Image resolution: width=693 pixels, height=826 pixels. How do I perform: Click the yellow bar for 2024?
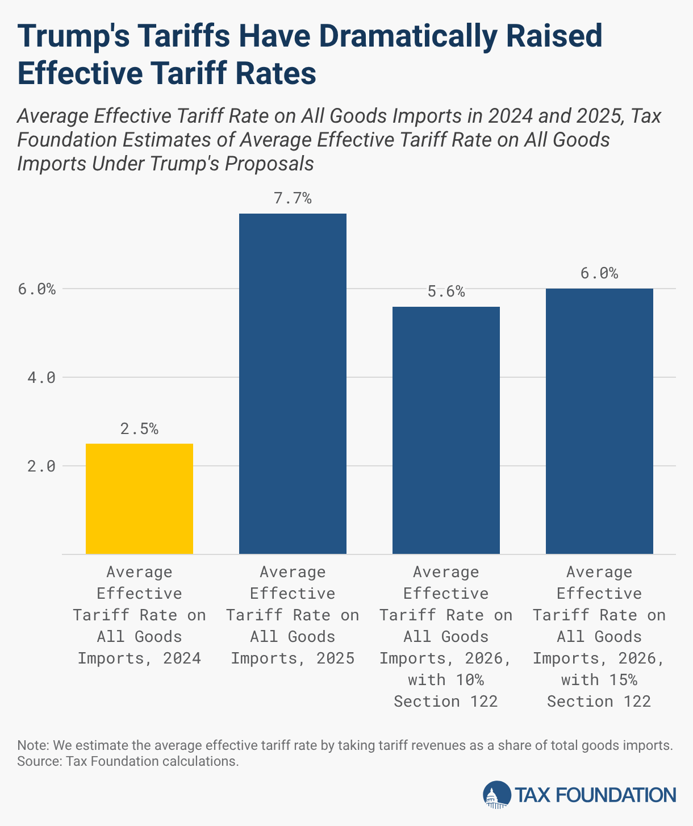point(139,498)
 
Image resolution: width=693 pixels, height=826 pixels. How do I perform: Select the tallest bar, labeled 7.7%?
point(293,383)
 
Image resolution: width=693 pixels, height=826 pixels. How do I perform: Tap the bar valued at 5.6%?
point(446,430)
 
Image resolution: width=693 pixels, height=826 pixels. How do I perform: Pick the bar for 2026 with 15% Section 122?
point(599,421)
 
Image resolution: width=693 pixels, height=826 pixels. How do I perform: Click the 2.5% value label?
point(139,429)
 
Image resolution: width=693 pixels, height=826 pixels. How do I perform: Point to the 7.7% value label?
point(293,198)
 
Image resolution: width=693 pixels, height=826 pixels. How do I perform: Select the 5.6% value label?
point(446,292)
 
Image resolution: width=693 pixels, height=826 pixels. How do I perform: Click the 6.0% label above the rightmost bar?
point(599,273)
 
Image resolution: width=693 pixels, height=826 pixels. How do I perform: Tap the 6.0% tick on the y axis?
point(37,289)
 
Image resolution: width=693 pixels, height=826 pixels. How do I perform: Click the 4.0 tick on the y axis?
point(41,377)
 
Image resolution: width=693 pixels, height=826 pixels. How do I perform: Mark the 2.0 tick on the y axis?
point(41,466)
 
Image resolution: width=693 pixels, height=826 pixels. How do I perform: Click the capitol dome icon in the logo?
point(497,794)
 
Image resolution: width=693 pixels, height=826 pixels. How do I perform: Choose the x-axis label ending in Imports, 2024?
point(139,615)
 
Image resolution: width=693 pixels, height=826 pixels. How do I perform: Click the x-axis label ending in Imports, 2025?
point(293,615)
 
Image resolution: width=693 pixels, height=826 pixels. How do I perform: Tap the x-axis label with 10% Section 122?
point(446,637)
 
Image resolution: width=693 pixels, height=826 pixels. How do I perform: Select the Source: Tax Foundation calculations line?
point(128,761)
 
